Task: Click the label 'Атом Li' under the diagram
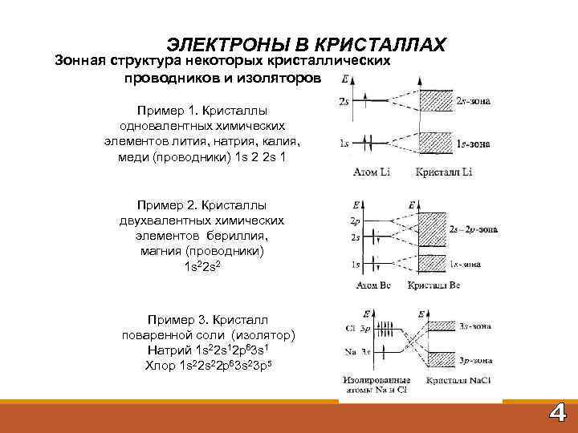click(371, 172)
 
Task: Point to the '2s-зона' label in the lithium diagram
click(473, 103)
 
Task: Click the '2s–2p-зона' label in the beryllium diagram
click(474, 229)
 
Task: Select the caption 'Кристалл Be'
click(433, 285)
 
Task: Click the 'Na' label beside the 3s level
click(349, 352)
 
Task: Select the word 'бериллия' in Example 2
click(238, 237)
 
